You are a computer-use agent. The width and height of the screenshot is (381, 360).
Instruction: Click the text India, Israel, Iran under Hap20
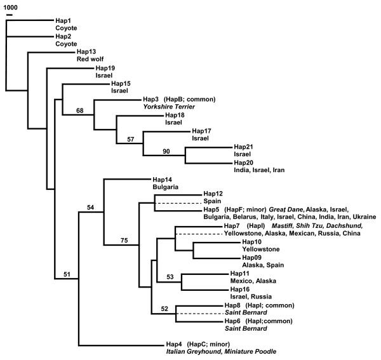click(x=263, y=170)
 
